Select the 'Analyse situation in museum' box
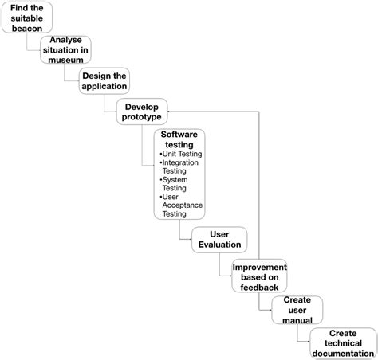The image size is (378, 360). click(x=65, y=50)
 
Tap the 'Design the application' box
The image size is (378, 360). click(x=104, y=81)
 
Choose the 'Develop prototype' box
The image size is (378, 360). click(x=142, y=112)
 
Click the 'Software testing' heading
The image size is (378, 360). click(x=179, y=141)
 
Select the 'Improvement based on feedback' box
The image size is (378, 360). click(x=259, y=276)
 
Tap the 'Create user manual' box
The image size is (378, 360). click(x=297, y=310)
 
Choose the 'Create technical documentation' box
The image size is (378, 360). click(x=342, y=343)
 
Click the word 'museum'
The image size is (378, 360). click(x=65, y=59)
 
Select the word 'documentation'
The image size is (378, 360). click(x=342, y=352)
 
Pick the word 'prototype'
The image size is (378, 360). click(x=142, y=118)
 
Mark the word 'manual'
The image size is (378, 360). click(x=297, y=319)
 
